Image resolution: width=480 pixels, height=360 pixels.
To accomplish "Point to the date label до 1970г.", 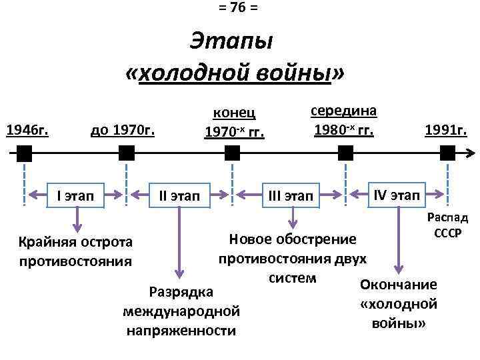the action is pyautogui.click(x=122, y=128).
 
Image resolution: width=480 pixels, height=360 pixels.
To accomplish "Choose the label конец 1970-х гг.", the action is pyautogui.click(x=234, y=122).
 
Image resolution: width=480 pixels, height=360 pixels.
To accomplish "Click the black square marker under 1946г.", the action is pyautogui.click(x=23, y=154).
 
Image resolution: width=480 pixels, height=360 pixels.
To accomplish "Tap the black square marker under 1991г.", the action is pyautogui.click(x=447, y=154).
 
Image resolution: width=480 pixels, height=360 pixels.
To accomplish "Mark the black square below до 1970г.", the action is pyautogui.click(x=126, y=154).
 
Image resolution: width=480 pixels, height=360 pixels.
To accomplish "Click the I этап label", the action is pyautogui.click(x=75, y=196).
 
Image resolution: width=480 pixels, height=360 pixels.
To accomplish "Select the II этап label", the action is pyautogui.click(x=179, y=196).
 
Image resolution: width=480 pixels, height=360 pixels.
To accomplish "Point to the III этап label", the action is pyautogui.click(x=290, y=196).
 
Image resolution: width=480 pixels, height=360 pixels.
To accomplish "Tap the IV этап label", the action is pyautogui.click(x=397, y=195).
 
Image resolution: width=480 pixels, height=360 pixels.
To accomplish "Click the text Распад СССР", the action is pyautogui.click(x=447, y=227).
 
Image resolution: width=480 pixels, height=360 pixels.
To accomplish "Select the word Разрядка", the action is pyautogui.click(x=181, y=292).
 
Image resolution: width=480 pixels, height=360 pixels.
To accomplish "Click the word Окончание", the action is pyautogui.click(x=398, y=285).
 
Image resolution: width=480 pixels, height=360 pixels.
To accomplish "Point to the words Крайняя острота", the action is pyautogui.click(x=75, y=241).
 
